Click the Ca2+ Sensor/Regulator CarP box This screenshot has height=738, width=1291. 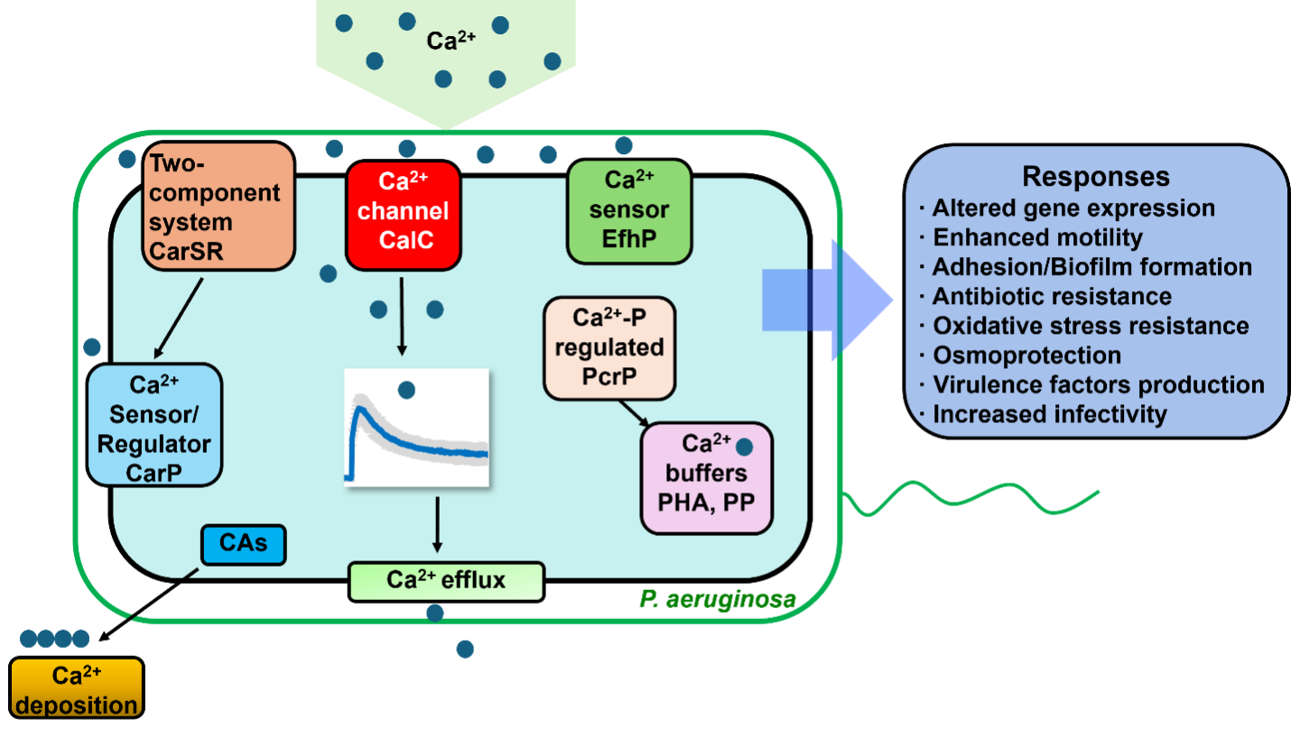pyautogui.click(x=154, y=424)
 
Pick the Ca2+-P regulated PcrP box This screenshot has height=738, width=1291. pyautogui.click(x=609, y=348)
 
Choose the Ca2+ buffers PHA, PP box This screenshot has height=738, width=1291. pyautogui.click(x=707, y=477)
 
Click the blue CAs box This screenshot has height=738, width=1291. pyautogui.click(x=242, y=545)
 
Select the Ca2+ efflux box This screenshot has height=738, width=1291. pyautogui.click(x=446, y=580)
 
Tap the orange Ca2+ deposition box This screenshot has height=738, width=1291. pyautogui.click(x=77, y=688)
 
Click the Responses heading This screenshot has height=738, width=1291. pyautogui.click(x=1096, y=176)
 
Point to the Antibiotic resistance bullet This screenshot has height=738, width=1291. pyautogui.click(x=1052, y=296)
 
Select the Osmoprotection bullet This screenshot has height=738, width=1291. pyautogui.click(x=1026, y=355)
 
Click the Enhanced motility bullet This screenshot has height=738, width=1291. pyautogui.click(x=1037, y=237)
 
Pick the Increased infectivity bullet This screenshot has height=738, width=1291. pyautogui.click(x=1049, y=414)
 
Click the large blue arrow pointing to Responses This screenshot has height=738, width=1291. pyautogui.click(x=835, y=300)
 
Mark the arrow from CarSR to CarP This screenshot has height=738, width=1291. pyautogui.click(x=178, y=318)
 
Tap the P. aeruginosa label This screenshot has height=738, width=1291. pyautogui.click(x=717, y=599)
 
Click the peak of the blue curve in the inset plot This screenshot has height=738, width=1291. pyautogui.click(x=359, y=409)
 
